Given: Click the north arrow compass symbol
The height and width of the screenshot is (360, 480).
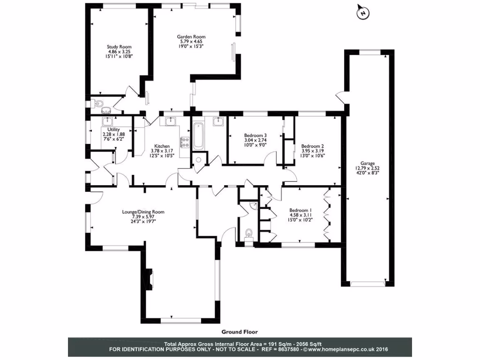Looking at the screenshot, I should pyautogui.click(x=361, y=13).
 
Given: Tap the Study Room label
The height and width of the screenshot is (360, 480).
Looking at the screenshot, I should pyautogui.click(x=119, y=47).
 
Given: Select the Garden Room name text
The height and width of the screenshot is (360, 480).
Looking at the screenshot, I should pyautogui.click(x=191, y=37).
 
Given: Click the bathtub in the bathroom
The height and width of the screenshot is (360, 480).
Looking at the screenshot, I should pyautogui.click(x=197, y=135).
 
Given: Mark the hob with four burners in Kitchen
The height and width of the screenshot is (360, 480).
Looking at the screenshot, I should pyautogui.click(x=184, y=142).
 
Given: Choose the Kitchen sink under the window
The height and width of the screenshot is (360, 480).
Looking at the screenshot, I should pyautogui.click(x=169, y=121).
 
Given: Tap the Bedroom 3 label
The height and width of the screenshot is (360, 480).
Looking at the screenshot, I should pyautogui.click(x=255, y=135).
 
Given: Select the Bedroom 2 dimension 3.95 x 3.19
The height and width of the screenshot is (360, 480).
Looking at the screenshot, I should pyautogui.click(x=313, y=151).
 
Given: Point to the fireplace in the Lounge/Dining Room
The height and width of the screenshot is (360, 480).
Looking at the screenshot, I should pyautogui.click(x=149, y=277).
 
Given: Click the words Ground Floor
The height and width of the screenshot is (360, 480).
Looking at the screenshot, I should pyautogui.click(x=240, y=331).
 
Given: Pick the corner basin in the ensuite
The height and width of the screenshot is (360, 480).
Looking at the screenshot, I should pyautogui.click(x=254, y=205).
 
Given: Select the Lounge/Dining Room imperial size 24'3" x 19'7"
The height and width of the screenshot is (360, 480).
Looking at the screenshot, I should pyautogui.click(x=143, y=222).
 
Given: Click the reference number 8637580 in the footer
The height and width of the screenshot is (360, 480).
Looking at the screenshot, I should pyautogui.click(x=286, y=349).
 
